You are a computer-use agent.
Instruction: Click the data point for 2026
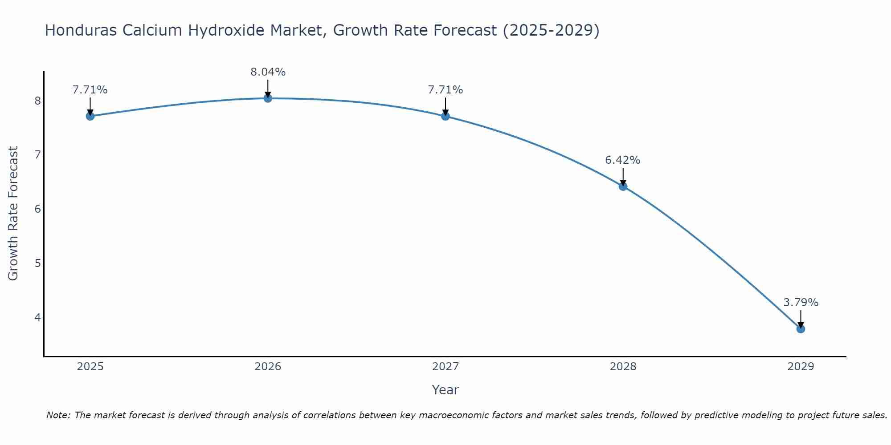point(268,98)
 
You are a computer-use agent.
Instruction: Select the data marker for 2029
point(801,329)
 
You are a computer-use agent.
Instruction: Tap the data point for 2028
point(623,186)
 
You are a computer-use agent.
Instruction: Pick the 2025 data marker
point(90,116)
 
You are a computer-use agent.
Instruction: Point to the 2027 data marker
point(445,116)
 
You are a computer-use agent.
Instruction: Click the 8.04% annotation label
point(268,72)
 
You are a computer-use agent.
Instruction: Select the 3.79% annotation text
point(801,303)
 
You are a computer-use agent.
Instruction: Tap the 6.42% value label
point(622,160)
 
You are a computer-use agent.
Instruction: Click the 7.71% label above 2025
point(90,90)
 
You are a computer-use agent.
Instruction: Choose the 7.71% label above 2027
point(445,90)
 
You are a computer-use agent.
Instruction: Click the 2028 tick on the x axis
point(623,367)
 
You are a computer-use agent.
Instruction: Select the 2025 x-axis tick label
point(90,367)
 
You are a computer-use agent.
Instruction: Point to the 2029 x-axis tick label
point(801,367)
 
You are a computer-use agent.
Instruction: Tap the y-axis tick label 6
point(37,209)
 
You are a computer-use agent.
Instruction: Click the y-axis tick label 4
point(37,317)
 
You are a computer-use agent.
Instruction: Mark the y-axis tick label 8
point(37,101)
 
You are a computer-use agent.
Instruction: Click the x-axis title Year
point(445,390)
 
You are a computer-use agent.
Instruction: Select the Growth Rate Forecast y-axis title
point(13,214)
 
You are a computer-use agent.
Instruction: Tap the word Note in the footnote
point(58,415)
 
